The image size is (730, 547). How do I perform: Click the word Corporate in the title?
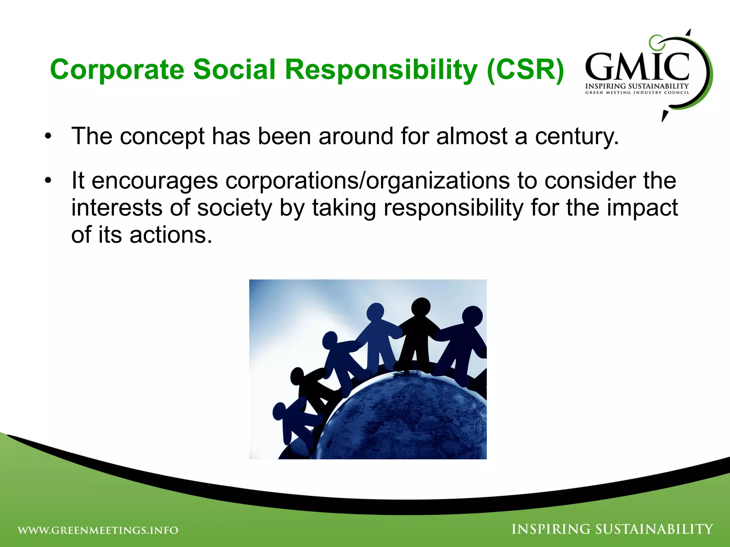coord(117,69)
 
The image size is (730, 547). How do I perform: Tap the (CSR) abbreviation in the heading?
coord(525,69)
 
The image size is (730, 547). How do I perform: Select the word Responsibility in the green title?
coord(381,69)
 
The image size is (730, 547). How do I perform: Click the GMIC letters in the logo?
coord(637,67)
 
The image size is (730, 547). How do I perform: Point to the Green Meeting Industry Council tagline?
coord(637,93)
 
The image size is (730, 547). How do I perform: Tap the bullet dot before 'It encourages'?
coord(48,181)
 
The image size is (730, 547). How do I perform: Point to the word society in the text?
coord(235,208)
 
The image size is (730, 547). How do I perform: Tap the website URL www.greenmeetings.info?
coord(98,530)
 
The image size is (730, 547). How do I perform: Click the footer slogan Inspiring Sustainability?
coord(612,529)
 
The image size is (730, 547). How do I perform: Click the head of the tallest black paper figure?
coord(421,307)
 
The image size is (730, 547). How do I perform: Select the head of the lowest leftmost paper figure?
coord(280,412)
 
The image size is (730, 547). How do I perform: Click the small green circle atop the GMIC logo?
coord(655,42)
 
